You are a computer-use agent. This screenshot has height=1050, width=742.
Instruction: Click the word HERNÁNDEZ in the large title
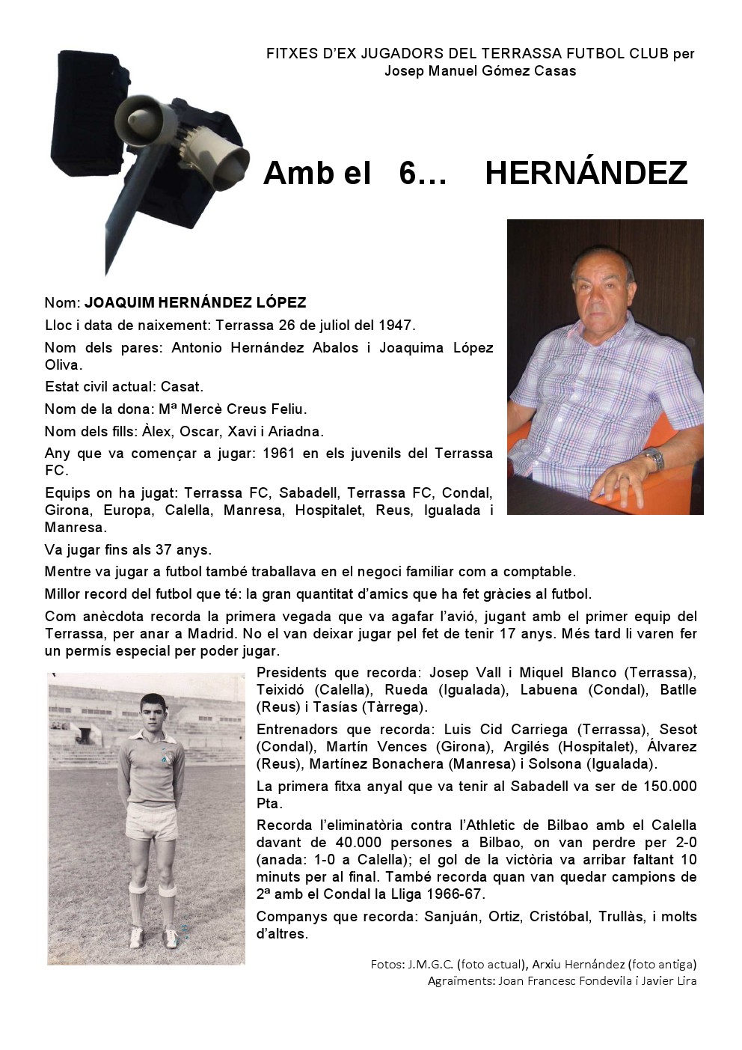(x=586, y=174)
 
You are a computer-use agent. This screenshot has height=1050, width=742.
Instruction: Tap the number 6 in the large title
(x=408, y=174)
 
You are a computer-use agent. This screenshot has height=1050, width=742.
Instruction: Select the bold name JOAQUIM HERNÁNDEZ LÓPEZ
(x=195, y=303)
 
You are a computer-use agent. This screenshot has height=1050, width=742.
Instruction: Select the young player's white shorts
(x=152, y=821)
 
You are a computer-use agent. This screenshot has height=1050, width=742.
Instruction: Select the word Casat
(x=182, y=387)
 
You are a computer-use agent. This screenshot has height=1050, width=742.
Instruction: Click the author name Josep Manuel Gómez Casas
(x=480, y=71)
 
